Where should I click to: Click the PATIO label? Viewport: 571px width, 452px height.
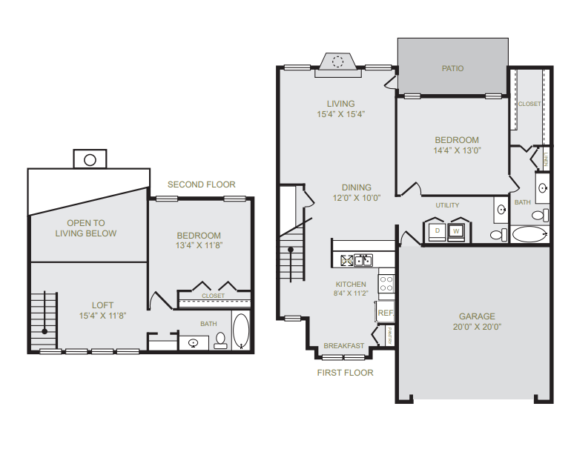452,68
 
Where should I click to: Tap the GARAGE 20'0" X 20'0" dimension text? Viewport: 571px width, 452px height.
477,327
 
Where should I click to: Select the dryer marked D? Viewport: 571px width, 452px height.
437,231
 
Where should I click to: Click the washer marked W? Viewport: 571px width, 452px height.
456,231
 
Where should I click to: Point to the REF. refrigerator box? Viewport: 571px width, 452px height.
386,312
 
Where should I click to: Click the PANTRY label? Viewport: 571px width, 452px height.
389,336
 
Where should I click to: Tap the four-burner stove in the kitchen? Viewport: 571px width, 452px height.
386,284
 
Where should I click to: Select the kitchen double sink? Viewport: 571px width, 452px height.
363,261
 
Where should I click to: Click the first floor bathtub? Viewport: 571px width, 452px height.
529,234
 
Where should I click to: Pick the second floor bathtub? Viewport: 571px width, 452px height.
241,330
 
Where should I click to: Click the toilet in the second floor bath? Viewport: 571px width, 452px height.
220,341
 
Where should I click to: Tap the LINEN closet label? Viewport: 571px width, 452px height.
546,159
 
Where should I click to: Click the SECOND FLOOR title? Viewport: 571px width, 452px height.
202,185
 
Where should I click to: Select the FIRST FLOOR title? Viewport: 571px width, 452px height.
346,373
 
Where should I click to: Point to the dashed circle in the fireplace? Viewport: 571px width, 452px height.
337,62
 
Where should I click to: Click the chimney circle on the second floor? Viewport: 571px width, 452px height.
90,160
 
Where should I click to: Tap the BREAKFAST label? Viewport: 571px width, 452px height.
344,346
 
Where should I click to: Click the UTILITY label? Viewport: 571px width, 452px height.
447,205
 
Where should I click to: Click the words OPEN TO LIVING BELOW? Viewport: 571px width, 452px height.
86,228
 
